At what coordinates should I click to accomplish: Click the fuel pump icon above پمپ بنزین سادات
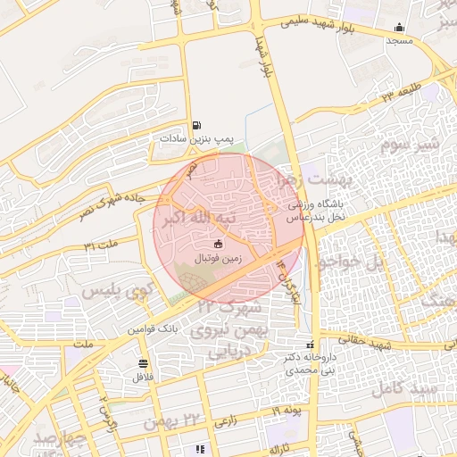click(195, 125)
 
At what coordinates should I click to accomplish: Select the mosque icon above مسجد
click(399, 27)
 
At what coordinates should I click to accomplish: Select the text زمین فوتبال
click(218, 259)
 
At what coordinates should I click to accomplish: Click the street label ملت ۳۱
click(101, 245)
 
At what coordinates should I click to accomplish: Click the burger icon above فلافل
click(143, 363)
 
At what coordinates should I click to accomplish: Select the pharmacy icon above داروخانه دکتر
click(310, 345)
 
